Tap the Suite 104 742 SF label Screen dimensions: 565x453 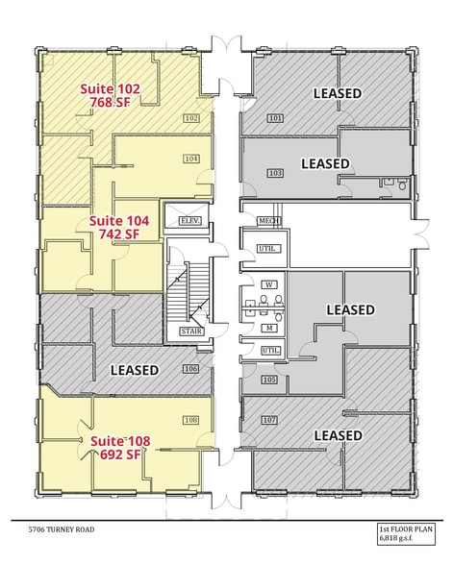[114, 227]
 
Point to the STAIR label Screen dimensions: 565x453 [189, 332]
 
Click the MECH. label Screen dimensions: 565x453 [268, 220]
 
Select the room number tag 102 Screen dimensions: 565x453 [190, 119]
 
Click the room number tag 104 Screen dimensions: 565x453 [190, 158]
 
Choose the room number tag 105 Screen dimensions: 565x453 [269, 381]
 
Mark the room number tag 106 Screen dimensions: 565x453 [190, 369]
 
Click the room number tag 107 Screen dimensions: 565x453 [269, 421]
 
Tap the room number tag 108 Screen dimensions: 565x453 [190, 420]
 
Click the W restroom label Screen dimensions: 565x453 [269, 284]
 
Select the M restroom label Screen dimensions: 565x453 [269, 328]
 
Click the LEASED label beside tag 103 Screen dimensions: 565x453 [325, 163]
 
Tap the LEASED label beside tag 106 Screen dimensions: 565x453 [134, 370]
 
